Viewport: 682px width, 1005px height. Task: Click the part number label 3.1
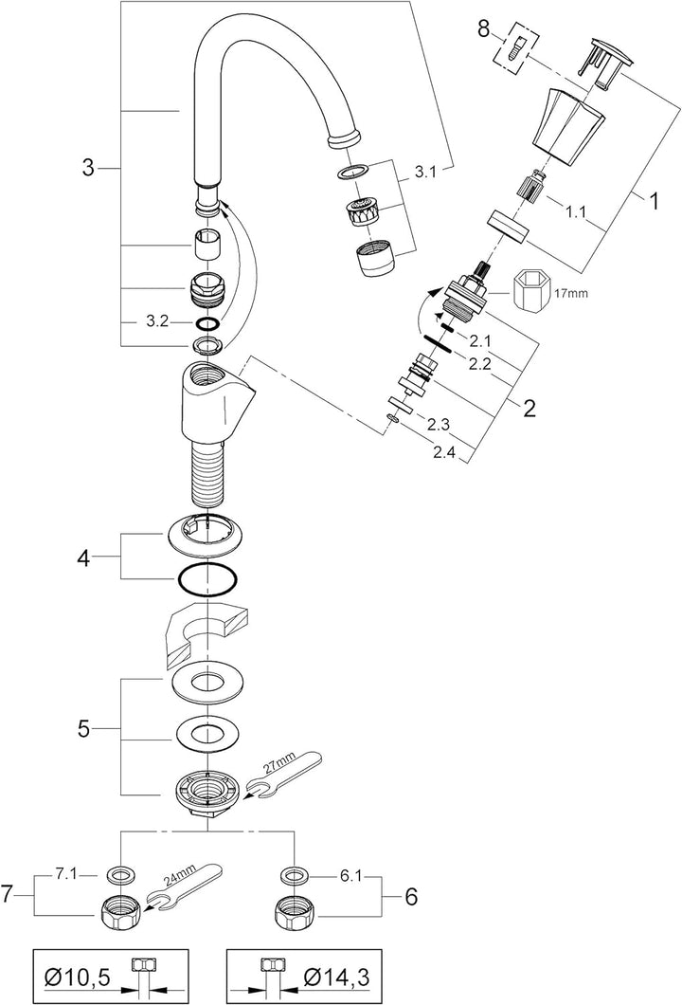pos(424,173)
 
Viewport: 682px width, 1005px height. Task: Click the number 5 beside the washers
pos(83,729)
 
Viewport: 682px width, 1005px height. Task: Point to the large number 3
pos(88,169)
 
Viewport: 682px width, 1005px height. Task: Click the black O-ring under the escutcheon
pos(206,578)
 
